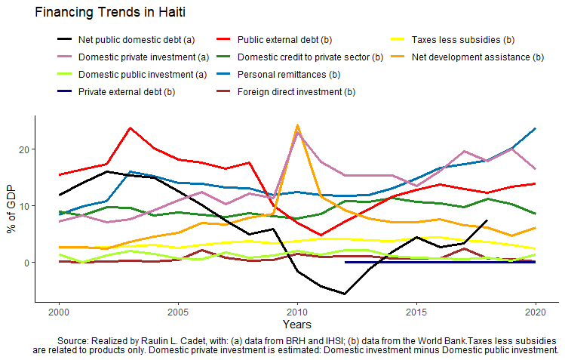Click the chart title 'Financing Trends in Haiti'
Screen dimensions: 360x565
[x=110, y=13]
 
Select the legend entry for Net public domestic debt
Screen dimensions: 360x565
[x=137, y=39]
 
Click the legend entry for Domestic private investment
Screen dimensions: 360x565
[x=143, y=57]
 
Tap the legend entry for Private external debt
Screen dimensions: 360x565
[x=126, y=92]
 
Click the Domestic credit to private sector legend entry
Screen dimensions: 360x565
[x=310, y=57]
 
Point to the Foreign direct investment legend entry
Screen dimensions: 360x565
[x=296, y=92]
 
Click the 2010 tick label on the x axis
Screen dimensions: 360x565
[x=297, y=312]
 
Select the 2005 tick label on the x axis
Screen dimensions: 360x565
[x=178, y=312]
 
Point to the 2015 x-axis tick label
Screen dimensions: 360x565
[x=416, y=312]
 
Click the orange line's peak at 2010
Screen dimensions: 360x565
[x=297, y=125]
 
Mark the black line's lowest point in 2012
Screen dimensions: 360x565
[x=345, y=294]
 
